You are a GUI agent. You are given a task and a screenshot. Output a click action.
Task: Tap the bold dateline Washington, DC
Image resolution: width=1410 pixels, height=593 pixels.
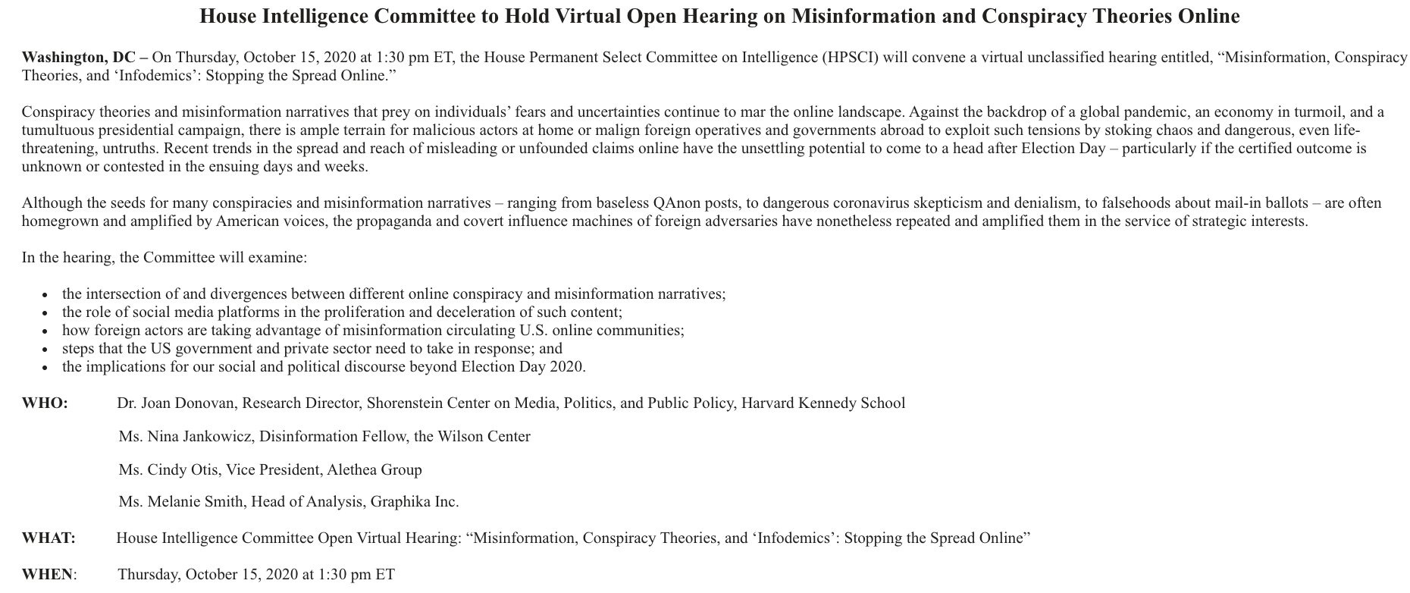coord(78,58)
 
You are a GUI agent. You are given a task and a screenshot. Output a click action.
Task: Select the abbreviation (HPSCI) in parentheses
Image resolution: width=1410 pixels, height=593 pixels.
coord(851,58)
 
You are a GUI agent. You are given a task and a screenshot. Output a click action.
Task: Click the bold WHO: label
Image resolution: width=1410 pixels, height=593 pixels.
coord(45,403)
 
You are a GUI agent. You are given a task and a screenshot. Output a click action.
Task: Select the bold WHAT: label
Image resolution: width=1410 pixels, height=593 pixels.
coord(49,538)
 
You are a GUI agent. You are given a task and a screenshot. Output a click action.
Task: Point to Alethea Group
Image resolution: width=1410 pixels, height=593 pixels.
coord(374,470)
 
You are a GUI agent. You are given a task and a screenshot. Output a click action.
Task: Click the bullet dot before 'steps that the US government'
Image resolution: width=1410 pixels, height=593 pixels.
coord(46,350)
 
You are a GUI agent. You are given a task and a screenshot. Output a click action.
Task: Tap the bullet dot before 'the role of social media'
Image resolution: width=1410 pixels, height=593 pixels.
coord(46,313)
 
